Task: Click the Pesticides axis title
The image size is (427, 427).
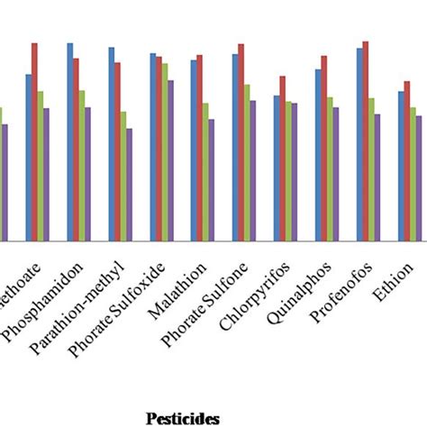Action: [183, 417]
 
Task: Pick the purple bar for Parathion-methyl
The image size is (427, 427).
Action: [129, 185]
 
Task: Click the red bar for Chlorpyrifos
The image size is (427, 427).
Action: [283, 159]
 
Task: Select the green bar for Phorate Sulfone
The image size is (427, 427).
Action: [246, 162]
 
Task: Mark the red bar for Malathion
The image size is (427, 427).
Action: [200, 148]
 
